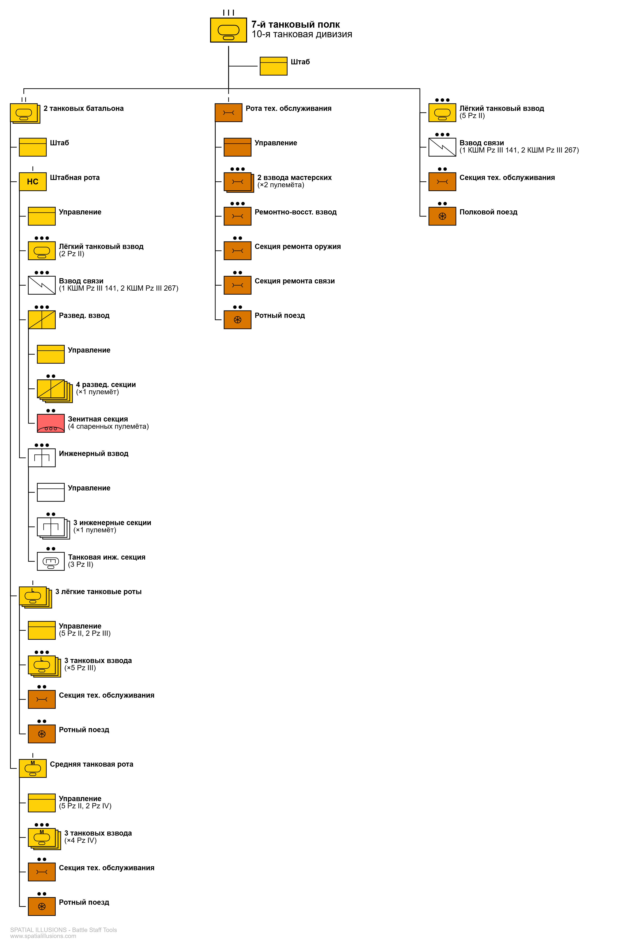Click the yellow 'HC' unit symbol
tap(33, 181)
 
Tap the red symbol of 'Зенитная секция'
tap(51, 423)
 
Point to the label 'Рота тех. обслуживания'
tap(288, 108)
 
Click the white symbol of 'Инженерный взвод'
tap(42, 458)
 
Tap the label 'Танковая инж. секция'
tap(107, 557)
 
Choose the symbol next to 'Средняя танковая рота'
tap(33, 768)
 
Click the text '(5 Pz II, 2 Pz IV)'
tap(85, 806)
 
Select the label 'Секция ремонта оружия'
tap(298, 247)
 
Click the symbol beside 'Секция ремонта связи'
tap(237, 285)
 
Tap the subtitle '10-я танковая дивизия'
tap(302, 34)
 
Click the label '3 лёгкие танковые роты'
tap(98, 592)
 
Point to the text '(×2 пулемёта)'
tap(281, 185)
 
